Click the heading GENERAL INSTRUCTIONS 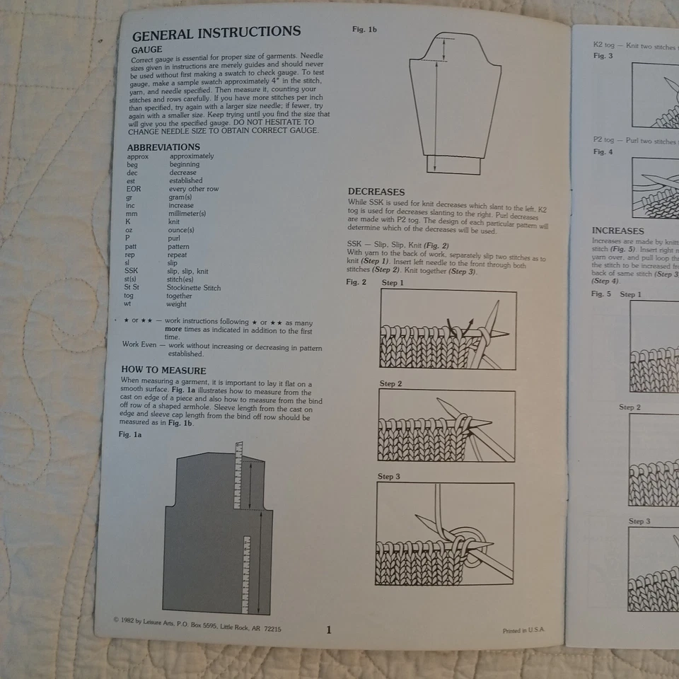click(216, 33)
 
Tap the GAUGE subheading click(146, 50)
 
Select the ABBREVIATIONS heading click(163, 147)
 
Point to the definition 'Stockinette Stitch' click(193, 288)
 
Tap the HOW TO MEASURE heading click(163, 371)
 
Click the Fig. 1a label click(130, 434)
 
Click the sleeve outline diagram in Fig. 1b click(454, 99)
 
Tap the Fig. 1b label click(364, 30)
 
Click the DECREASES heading click(376, 192)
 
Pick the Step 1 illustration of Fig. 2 click(448, 329)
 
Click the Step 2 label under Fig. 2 click(390, 384)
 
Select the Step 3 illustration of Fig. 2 click(445, 533)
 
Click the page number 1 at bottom click(328, 629)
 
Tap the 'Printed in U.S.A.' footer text click(523, 630)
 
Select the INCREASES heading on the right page click(617, 231)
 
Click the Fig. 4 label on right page click(603, 152)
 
